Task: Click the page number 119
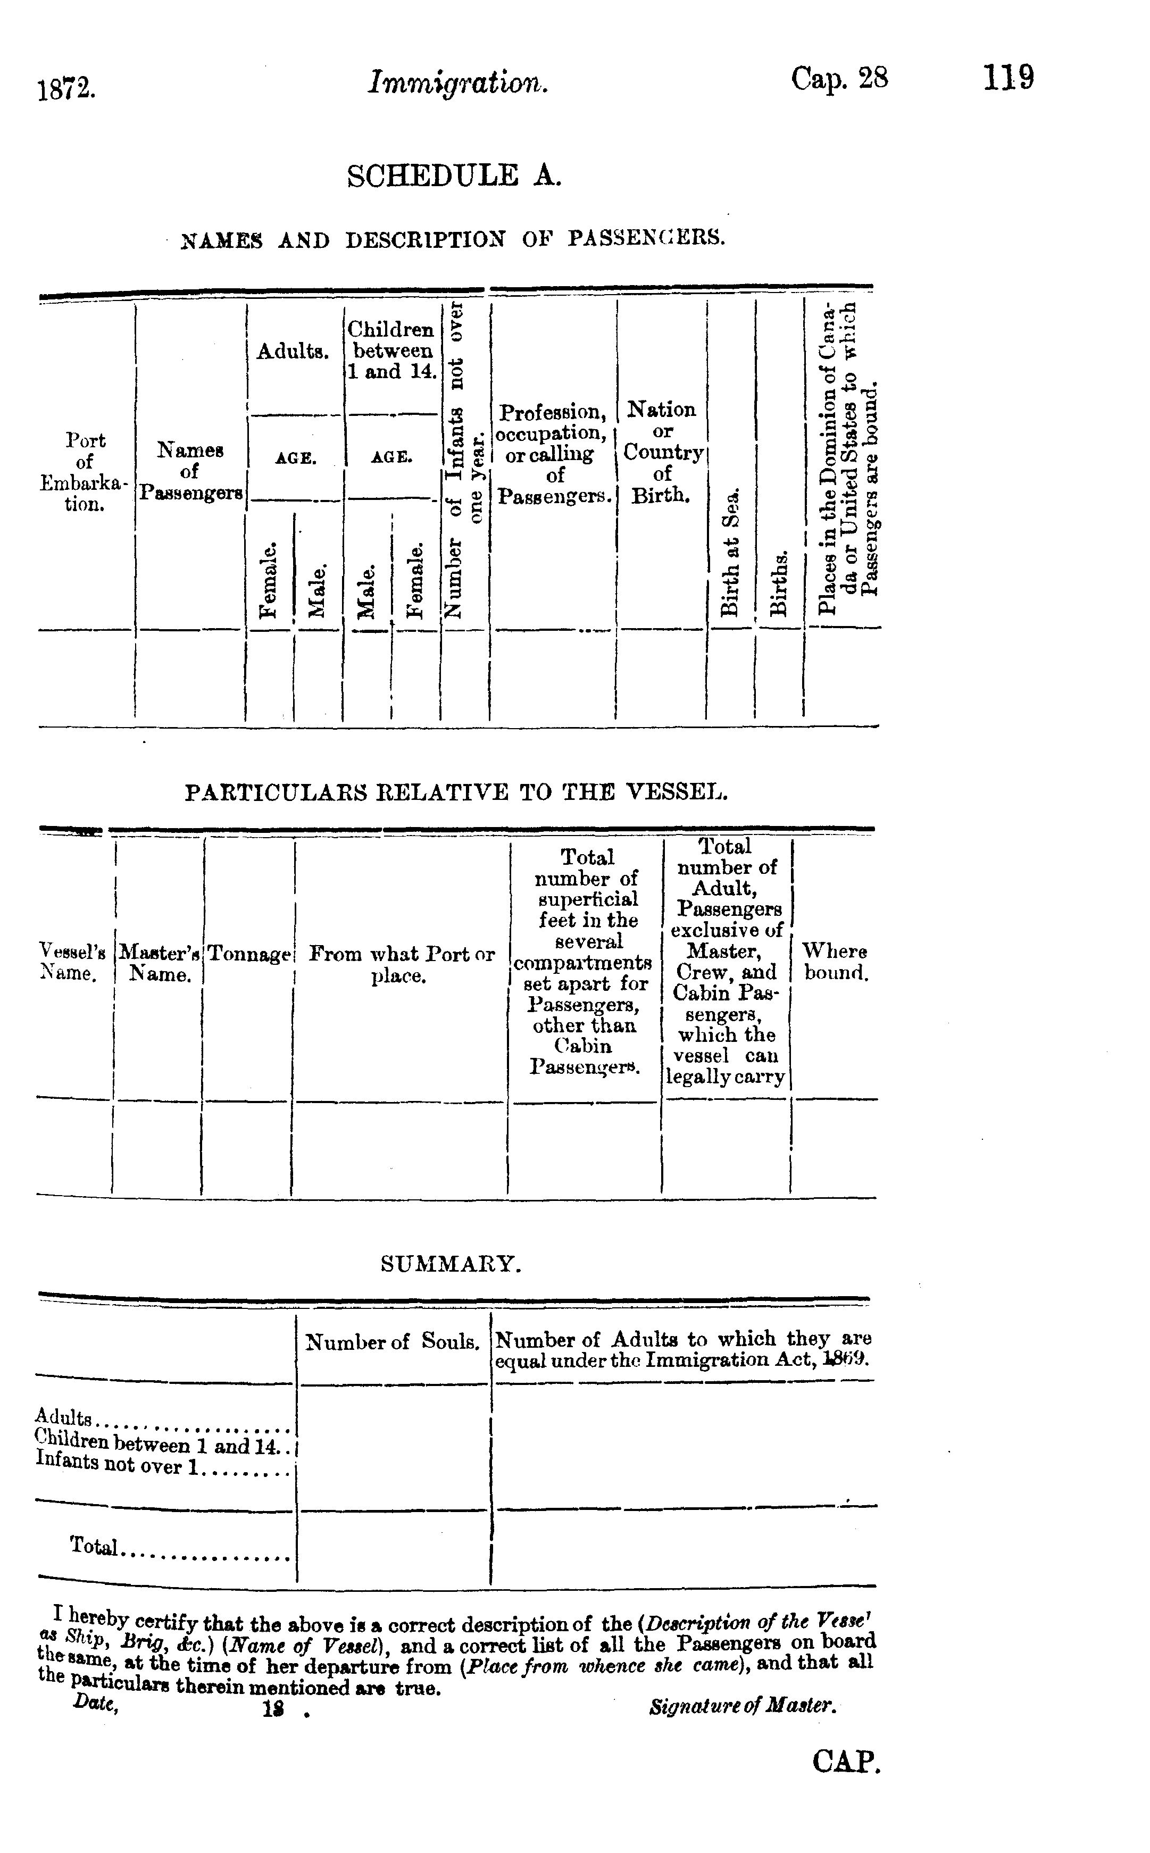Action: (1009, 78)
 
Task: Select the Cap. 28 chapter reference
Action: (839, 78)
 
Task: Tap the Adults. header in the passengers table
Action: (293, 351)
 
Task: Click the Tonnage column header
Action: (249, 954)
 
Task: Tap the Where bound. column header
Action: (835, 962)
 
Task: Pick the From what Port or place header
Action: (401, 964)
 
